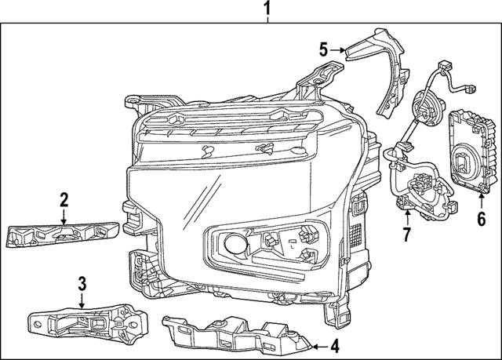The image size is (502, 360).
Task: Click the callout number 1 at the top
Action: [267, 10]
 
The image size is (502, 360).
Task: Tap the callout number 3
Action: [82, 283]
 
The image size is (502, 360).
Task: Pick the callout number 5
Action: [322, 50]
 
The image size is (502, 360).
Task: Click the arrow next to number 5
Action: [338, 50]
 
